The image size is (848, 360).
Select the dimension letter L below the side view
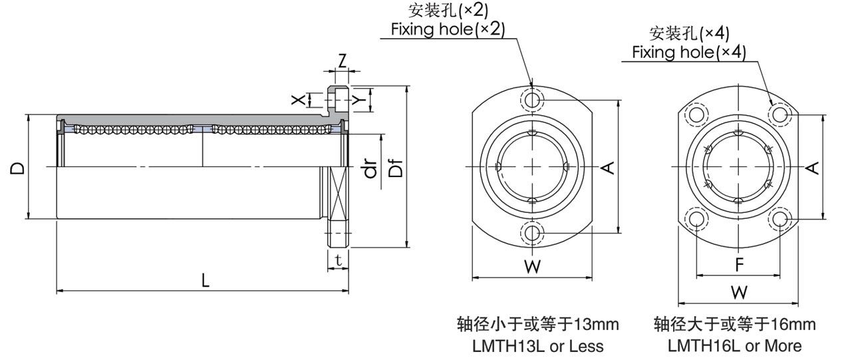click(x=206, y=281)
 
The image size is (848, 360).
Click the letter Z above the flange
click(x=342, y=61)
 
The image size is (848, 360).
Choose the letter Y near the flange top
click(x=359, y=99)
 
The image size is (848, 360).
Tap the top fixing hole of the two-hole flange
click(x=532, y=100)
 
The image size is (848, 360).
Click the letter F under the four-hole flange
click(x=739, y=265)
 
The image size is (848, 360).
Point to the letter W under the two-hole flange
click(x=531, y=268)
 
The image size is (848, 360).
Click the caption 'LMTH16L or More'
click(x=734, y=346)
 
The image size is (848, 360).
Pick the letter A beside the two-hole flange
click(x=607, y=167)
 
